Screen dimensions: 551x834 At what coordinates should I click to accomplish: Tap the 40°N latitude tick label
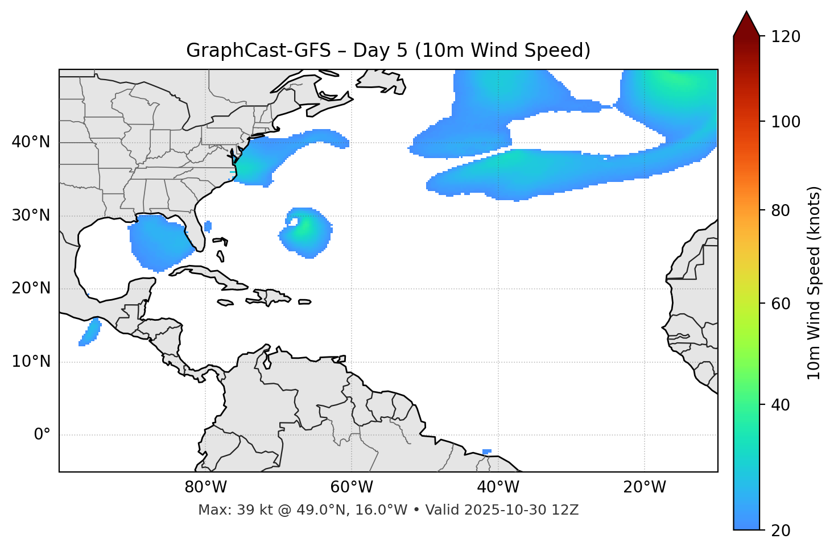coord(31,142)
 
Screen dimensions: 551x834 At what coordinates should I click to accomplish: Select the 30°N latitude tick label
coord(31,216)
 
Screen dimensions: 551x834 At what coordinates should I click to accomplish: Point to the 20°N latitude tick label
coord(31,288)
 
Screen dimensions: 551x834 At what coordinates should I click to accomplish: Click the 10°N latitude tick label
coord(31,362)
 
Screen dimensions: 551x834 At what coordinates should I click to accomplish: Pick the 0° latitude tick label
coord(42,435)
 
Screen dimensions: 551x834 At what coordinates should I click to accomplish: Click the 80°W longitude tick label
coord(205,487)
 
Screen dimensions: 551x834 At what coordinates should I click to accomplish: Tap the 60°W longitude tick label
coord(352,487)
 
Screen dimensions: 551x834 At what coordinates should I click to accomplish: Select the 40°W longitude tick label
coord(498,487)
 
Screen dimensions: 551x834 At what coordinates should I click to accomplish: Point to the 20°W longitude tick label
coord(644,487)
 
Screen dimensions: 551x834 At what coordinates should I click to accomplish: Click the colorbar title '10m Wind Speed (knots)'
coord(815,283)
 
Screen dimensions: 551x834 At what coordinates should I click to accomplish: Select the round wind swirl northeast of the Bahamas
coord(306,232)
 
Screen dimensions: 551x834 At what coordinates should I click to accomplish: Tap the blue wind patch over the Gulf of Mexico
coord(159,242)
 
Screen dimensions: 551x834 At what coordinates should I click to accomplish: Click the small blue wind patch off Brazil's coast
coord(486,452)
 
